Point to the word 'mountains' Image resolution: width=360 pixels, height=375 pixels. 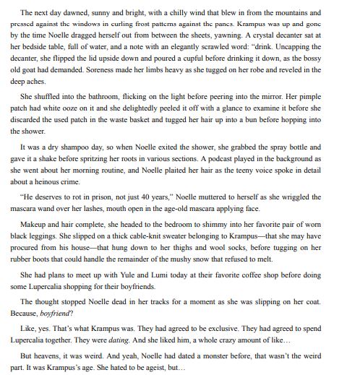(304, 13)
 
